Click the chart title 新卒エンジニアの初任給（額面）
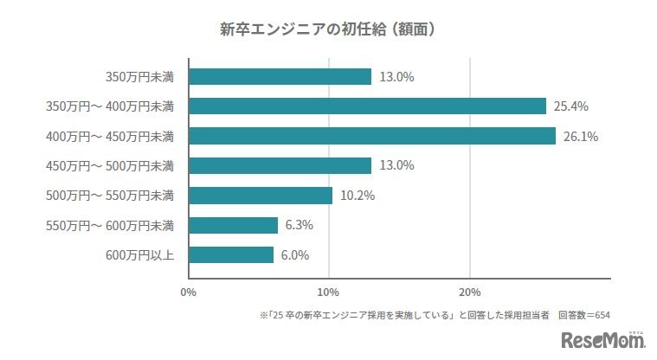(328, 29)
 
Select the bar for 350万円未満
(280, 76)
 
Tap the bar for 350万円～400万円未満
(367, 106)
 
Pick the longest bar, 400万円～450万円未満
(371, 136)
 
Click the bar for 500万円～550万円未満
(260, 196)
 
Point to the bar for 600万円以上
(230, 254)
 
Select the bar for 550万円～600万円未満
(233, 225)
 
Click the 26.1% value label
(581, 136)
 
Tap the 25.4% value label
(571, 106)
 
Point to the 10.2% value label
(357, 196)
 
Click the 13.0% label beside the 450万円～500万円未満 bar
(396, 165)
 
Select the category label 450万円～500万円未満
(110, 165)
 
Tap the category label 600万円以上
(139, 254)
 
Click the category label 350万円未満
(139, 76)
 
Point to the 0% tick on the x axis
(188, 292)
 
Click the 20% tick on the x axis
(469, 292)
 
